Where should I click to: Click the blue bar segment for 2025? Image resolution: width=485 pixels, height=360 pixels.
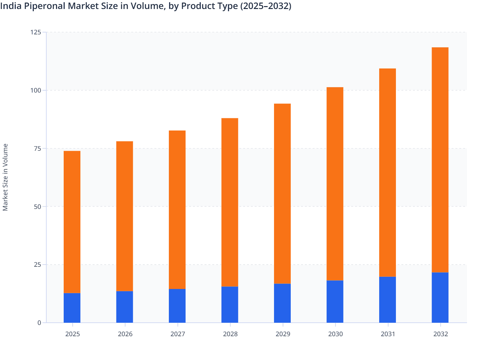(72, 308)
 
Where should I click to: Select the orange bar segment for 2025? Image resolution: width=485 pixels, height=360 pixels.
(72, 222)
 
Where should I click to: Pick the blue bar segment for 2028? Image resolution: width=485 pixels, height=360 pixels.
(230, 304)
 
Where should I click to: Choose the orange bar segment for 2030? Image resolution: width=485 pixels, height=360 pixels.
(335, 184)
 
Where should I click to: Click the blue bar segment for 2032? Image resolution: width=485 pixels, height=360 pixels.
(440, 297)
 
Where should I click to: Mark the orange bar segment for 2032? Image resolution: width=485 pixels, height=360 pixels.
(440, 160)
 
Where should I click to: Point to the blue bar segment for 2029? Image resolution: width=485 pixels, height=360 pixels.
(282, 303)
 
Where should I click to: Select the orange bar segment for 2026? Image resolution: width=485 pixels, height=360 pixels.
(124, 216)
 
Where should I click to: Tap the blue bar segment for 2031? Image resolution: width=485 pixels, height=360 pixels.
(388, 300)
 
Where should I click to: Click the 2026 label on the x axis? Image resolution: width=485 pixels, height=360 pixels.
(125, 334)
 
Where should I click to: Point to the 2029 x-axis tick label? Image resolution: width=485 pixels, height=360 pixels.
(283, 334)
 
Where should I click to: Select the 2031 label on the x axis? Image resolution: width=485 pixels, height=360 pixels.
(388, 334)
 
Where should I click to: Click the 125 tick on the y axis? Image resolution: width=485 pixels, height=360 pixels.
(36, 32)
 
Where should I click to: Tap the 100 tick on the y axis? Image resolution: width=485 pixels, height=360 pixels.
(36, 90)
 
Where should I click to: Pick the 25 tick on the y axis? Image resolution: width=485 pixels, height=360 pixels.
(37, 265)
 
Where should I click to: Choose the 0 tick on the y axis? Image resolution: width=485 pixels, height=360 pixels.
(39, 323)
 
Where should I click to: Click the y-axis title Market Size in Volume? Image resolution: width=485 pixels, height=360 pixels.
(5, 177)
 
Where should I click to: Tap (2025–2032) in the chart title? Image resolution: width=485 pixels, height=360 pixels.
(266, 6)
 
